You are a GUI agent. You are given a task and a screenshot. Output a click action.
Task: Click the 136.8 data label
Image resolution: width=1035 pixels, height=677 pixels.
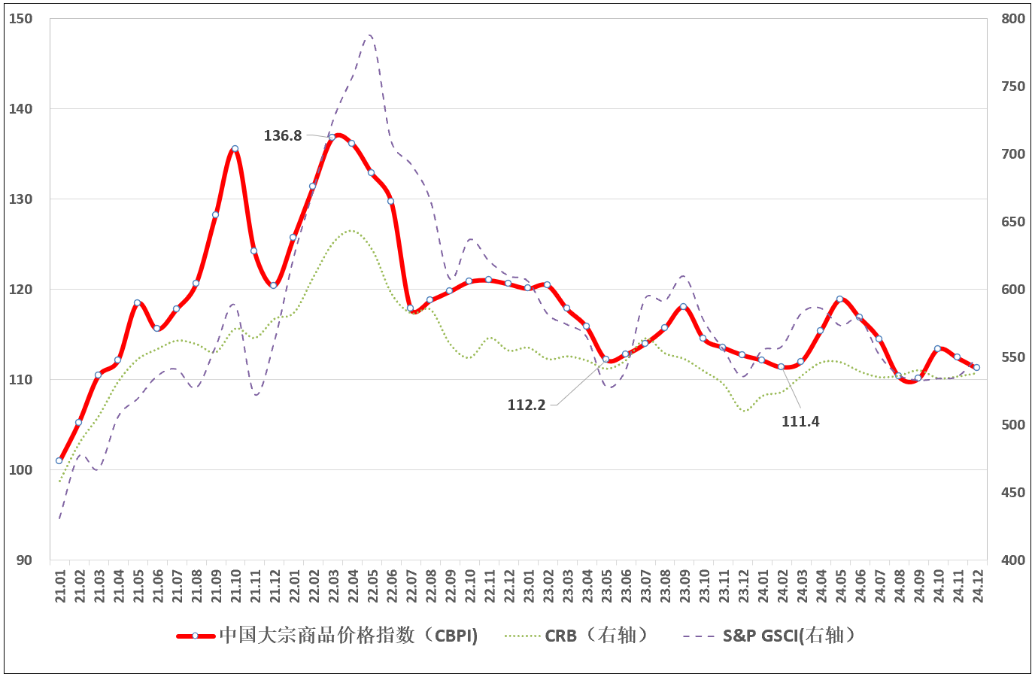[x=283, y=136]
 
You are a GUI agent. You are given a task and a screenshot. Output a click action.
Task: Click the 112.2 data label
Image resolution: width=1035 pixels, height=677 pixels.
[x=527, y=405]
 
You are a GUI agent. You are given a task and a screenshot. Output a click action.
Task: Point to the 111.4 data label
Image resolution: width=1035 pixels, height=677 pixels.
[x=800, y=422]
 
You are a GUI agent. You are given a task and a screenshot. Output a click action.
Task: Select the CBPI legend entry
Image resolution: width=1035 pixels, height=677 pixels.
[x=328, y=636]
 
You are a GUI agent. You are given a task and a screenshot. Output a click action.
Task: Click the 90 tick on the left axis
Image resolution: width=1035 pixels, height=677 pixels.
[x=24, y=560]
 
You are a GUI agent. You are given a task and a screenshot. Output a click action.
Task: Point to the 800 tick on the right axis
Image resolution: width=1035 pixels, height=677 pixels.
[x=1013, y=19]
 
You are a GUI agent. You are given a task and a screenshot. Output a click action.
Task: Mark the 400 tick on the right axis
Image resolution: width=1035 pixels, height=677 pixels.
[x=1013, y=560]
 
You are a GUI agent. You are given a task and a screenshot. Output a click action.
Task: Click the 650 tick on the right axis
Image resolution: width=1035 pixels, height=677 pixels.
[x=1013, y=222]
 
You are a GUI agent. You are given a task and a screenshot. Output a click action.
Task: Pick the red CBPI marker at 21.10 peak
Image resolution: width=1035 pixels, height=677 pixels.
[x=235, y=149]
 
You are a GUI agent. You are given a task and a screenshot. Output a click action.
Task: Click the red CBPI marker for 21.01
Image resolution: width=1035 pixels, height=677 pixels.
[x=59, y=460]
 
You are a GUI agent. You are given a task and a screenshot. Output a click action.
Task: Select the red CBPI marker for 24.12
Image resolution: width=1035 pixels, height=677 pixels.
[x=976, y=368]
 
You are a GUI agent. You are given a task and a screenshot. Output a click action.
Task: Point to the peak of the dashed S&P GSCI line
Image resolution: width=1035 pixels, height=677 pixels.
[x=369, y=35]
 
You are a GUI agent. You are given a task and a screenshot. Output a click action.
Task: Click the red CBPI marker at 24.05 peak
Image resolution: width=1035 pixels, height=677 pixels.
[x=839, y=299]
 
